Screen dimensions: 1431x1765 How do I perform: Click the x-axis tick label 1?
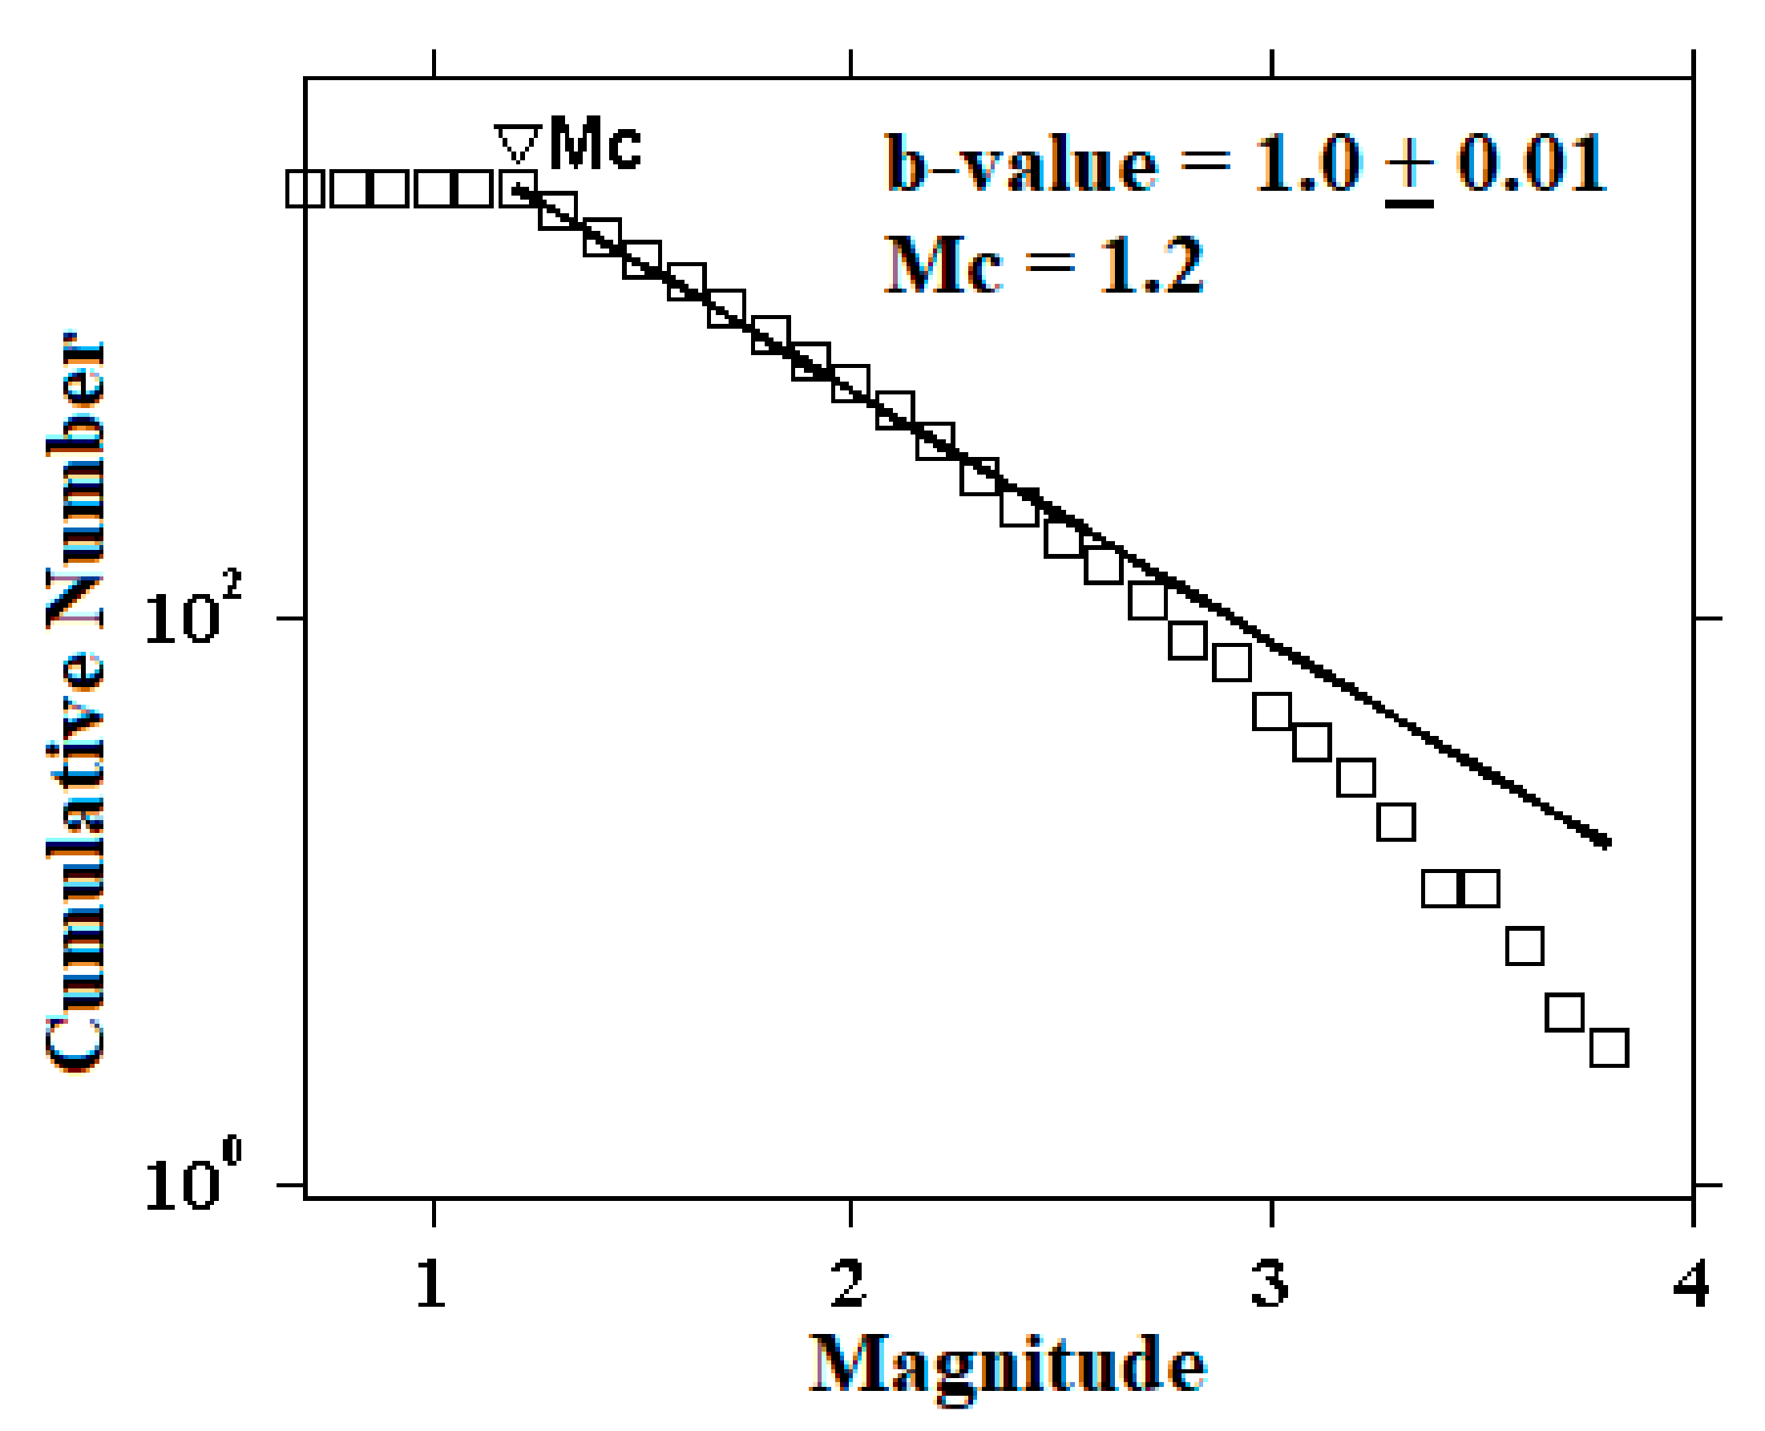[430, 1284]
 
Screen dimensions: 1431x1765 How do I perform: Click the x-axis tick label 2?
[848, 1284]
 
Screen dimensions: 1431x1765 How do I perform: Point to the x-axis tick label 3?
[1269, 1284]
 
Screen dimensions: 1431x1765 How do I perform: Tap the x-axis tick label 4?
[1690, 1284]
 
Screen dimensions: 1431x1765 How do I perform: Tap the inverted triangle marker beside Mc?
[518, 144]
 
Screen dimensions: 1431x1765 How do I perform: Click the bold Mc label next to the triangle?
[594, 145]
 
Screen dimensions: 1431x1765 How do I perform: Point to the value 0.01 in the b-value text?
[1531, 164]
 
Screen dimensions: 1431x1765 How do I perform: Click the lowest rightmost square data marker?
[1609, 1048]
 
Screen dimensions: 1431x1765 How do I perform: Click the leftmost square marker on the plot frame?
[305, 188]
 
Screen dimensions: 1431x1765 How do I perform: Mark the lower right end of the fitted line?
[1605, 843]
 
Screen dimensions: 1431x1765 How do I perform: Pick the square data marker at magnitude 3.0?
[1271, 711]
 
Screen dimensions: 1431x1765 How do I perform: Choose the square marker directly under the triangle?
[519, 188]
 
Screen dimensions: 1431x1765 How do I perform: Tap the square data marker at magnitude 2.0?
[850, 384]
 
